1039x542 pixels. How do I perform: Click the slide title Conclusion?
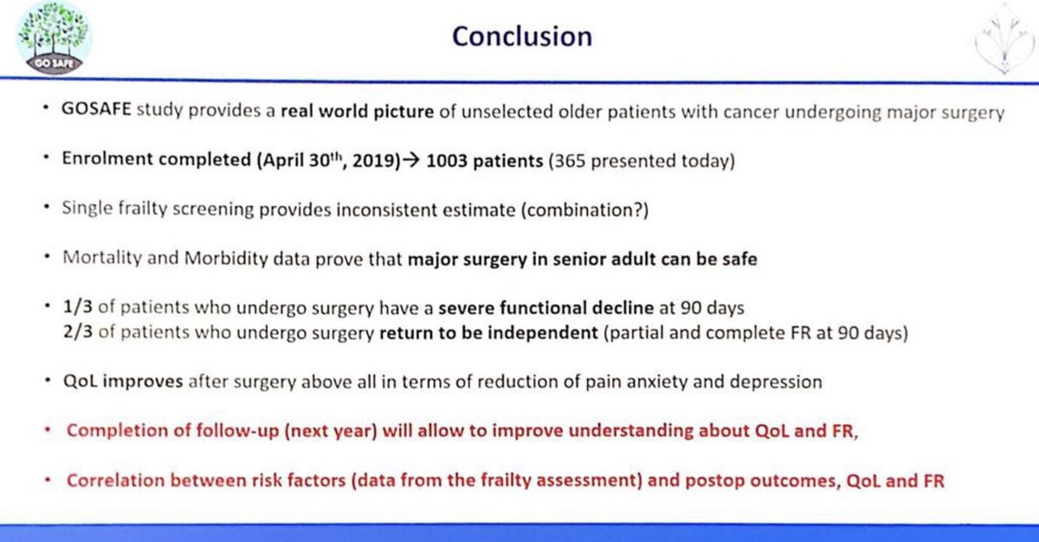(x=522, y=36)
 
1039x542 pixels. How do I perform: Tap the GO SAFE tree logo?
(x=55, y=38)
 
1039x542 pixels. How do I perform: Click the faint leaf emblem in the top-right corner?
(x=1004, y=40)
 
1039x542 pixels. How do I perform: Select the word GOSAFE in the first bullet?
(x=96, y=109)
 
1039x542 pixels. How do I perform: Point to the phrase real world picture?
(x=357, y=112)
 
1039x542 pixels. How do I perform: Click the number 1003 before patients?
(x=446, y=161)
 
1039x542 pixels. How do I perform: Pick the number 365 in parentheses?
(x=570, y=161)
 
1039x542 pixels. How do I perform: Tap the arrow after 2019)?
(x=411, y=161)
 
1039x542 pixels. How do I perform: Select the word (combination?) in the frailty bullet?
(x=585, y=210)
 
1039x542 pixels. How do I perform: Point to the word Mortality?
(x=102, y=258)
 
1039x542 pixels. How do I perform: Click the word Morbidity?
(x=226, y=258)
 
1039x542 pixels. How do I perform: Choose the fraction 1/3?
(x=78, y=307)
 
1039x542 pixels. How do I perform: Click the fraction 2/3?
(x=78, y=332)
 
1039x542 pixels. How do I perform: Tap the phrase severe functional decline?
(x=546, y=308)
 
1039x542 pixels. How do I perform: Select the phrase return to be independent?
(x=489, y=332)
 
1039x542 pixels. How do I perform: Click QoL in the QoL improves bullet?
(x=81, y=382)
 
